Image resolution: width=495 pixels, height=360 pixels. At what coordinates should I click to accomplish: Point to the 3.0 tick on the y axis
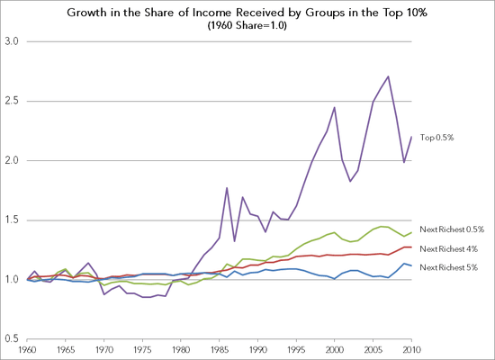click(x=13, y=42)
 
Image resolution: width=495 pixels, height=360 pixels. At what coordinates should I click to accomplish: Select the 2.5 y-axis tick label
click(x=13, y=102)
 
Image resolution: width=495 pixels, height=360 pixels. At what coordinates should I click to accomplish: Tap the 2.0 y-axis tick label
click(x=13, y=161)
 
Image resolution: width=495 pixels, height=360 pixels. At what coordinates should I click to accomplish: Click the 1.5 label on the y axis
click(x=13, y=220)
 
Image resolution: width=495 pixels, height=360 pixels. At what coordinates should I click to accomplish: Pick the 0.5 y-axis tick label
click(x=13, y=338)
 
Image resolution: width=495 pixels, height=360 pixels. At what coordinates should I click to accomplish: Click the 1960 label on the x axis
click(x=30, y=348)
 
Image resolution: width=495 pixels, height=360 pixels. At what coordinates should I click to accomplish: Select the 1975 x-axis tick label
click(x=142, y=348)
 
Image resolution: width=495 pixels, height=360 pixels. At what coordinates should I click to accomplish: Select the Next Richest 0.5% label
click(x=453, y=229)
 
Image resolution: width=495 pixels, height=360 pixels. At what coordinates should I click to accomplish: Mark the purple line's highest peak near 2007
click(x=387, y=76)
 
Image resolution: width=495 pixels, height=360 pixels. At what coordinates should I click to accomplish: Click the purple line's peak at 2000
click(x=334, y=107)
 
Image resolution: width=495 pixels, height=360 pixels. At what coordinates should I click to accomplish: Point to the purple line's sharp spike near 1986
click(x=227, y=188)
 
